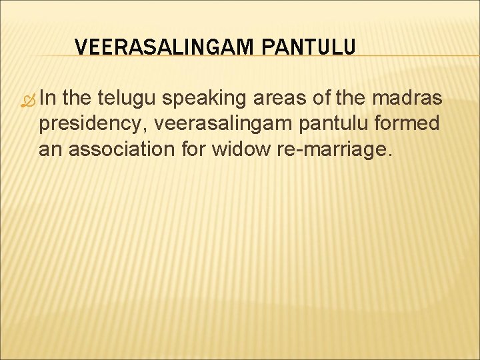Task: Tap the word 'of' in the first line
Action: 323,99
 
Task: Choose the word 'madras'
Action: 408,99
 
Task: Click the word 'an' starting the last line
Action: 49,149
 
